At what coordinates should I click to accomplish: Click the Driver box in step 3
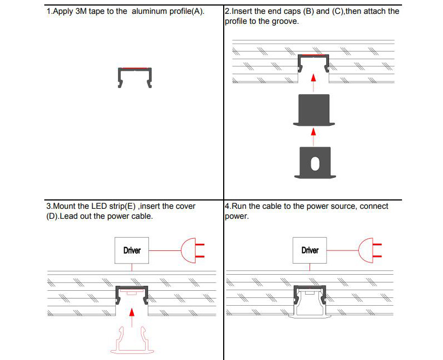[132, 250]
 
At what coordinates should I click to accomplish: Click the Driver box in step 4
[310, 250]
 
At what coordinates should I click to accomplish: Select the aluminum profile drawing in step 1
[135, 77]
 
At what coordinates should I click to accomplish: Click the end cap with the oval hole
[315, 163]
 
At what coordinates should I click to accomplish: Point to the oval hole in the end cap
[315, 163]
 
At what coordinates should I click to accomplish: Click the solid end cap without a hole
[314, 110]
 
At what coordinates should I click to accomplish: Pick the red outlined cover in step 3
[132, 339]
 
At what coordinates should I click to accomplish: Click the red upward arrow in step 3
[132, 315]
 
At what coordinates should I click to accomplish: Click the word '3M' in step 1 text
[81, 11]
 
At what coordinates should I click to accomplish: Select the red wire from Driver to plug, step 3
[166, 250]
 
